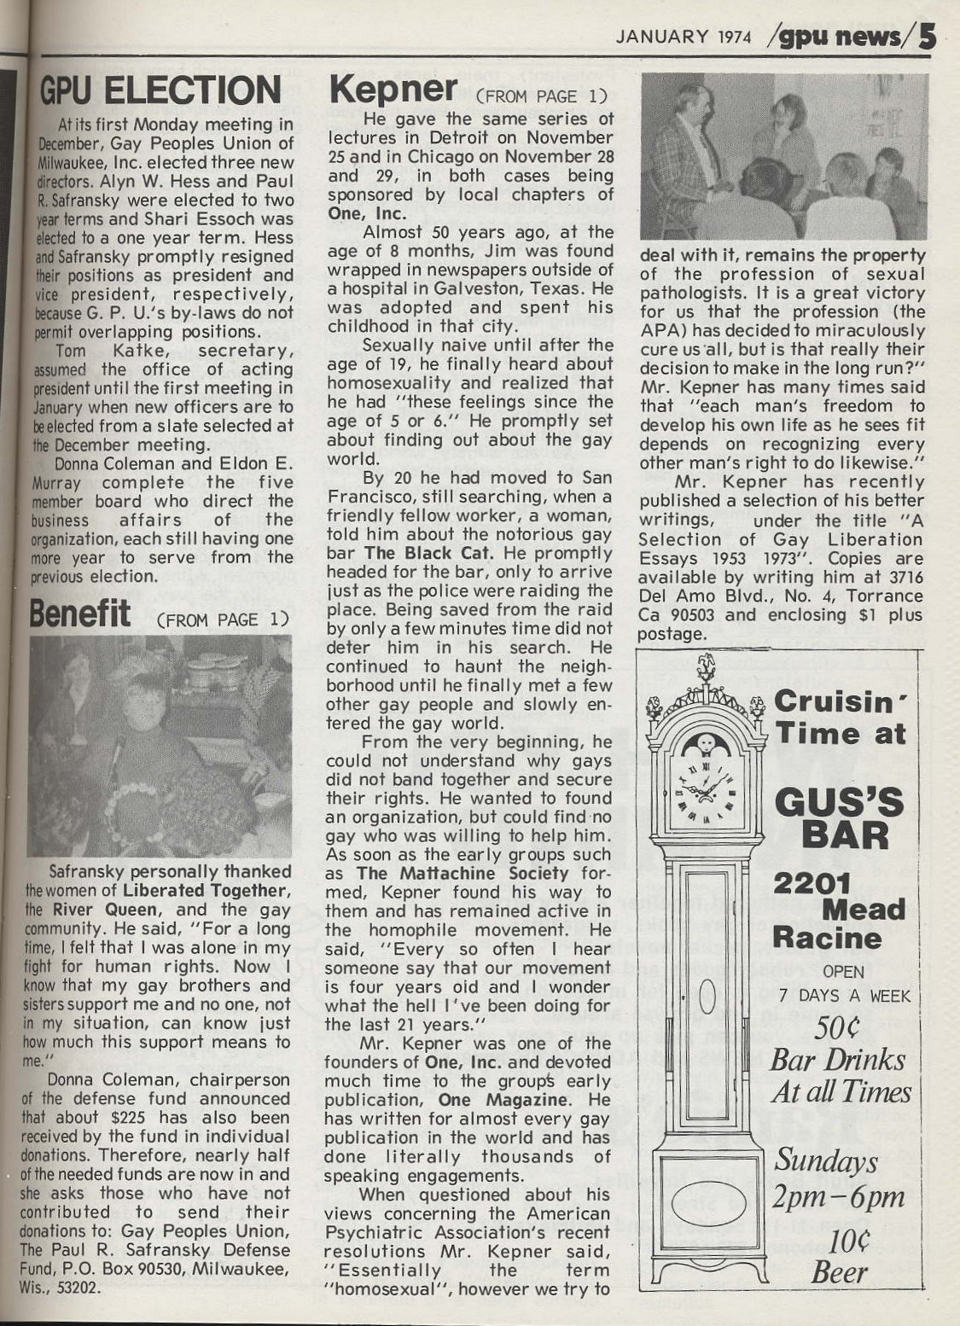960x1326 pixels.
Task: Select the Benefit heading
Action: [80, 614]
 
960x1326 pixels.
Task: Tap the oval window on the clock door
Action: [707, 994]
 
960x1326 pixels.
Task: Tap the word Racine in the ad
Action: [827, 939]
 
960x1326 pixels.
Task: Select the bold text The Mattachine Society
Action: [463, 873]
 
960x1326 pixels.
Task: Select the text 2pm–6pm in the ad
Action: [838, 1196]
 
